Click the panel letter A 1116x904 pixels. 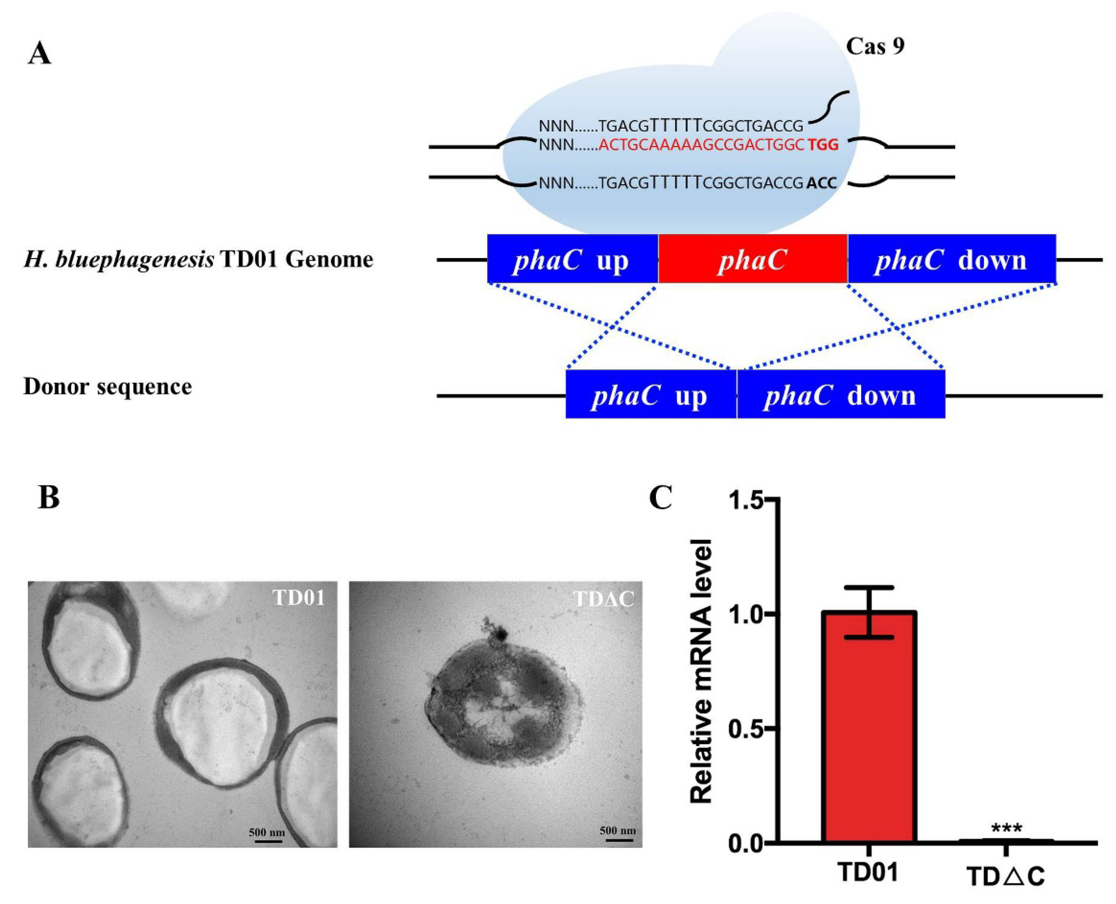(40, 54)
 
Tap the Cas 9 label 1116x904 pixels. (875, 47)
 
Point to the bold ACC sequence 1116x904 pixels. (822, 183)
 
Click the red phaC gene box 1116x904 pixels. (753, 259)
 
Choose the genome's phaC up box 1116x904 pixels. (572, 259)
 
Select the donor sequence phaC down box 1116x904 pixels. (840, 395)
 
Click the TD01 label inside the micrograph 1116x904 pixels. (299, 598)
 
